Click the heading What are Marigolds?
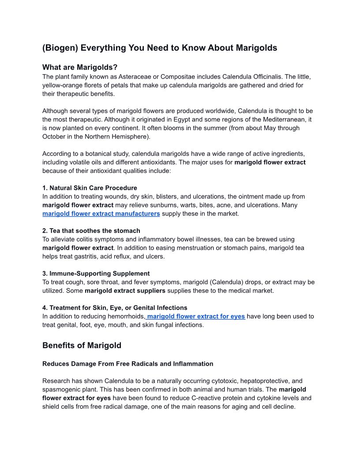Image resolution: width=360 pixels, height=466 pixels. point(80,68)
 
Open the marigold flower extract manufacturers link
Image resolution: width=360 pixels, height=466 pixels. point(101,214)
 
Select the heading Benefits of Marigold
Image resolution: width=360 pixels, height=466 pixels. point(82,346)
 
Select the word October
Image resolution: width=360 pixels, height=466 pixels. point(54,136)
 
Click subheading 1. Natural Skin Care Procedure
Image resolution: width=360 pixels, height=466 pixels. point(90,188)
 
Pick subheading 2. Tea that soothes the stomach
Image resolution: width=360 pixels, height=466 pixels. point(91,231)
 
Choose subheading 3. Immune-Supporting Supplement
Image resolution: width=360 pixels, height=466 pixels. point(96,274)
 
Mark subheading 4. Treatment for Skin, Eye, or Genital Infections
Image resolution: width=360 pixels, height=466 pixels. point(115,308)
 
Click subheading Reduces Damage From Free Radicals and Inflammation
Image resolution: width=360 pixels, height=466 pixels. point(128,364)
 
